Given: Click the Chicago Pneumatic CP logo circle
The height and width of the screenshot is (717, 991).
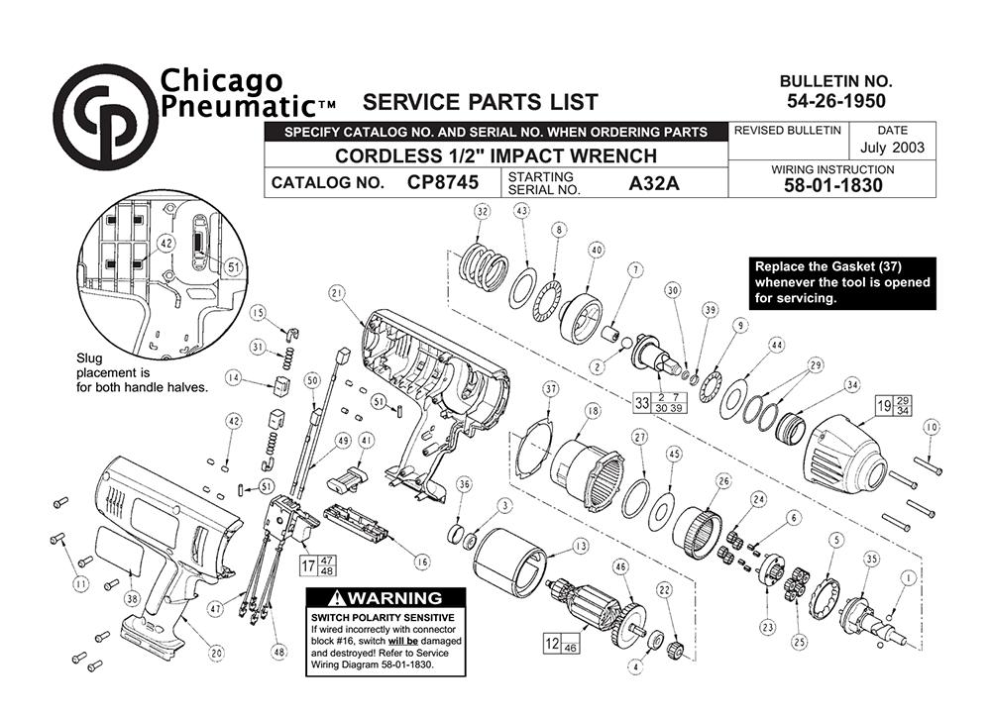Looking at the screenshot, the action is click(x=106, y=117).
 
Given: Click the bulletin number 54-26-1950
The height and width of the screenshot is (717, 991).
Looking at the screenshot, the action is click(x=836, y=101).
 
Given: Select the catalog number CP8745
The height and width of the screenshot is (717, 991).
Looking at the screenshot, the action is click(x=442, y=182).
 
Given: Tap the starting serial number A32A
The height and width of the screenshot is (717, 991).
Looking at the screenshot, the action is click(x=653, y=183).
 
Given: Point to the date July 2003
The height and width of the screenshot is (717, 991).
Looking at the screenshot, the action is click(x=892, y=148).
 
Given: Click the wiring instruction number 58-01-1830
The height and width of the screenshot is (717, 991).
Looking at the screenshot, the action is click(x=833, y=185).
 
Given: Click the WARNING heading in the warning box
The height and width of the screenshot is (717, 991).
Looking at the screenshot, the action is click(x=385, y=597).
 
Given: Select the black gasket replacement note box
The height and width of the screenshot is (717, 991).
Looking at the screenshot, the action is click(x=841, y=283).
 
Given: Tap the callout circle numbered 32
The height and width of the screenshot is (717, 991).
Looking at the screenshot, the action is click(x=483, y=212).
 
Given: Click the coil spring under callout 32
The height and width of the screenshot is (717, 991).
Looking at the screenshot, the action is click(x=484, y=266).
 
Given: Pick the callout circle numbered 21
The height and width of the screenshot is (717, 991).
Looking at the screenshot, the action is click(x=337, y=293).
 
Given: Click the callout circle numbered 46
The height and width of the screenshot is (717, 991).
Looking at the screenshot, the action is click(x=620, y=566).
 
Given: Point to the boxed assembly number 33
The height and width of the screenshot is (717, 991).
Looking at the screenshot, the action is click(x=641, y=402).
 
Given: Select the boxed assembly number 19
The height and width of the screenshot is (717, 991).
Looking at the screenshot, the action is click(x=884, y=405).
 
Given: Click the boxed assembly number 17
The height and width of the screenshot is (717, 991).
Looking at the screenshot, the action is click(x=308, y=565).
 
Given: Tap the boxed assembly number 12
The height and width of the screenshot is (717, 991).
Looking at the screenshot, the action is click(x=552, y=643).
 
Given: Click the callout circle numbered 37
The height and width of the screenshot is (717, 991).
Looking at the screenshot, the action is click(x=551, y=389).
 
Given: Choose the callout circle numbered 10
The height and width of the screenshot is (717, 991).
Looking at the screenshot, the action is click(x=932, y=428).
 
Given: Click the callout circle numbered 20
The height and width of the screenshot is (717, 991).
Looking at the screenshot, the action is click(x=217, y=653).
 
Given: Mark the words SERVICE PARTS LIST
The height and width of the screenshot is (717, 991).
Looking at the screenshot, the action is click(x=481, y=102).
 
